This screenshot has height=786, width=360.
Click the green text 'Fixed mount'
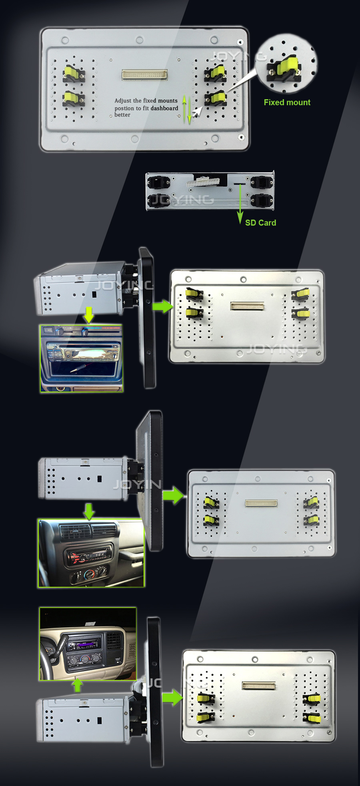[287, 102]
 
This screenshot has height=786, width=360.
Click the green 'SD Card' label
[260, 223]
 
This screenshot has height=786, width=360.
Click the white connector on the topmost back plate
[144, 75]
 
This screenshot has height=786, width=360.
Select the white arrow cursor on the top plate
[196, 112]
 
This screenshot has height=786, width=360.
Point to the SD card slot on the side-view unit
[239, 183]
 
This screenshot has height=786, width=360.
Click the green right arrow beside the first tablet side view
[162, 307]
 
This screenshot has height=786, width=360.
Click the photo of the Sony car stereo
[81, 358]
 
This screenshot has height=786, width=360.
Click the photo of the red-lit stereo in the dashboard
[91, 553]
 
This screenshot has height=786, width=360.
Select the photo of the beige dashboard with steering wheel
[88, 644]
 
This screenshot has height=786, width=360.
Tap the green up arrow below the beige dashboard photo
[77, 685]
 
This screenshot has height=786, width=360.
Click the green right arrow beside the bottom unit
[172, 697]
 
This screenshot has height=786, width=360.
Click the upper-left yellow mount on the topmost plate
[74, 74]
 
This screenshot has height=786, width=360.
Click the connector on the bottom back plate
[259, 686]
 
